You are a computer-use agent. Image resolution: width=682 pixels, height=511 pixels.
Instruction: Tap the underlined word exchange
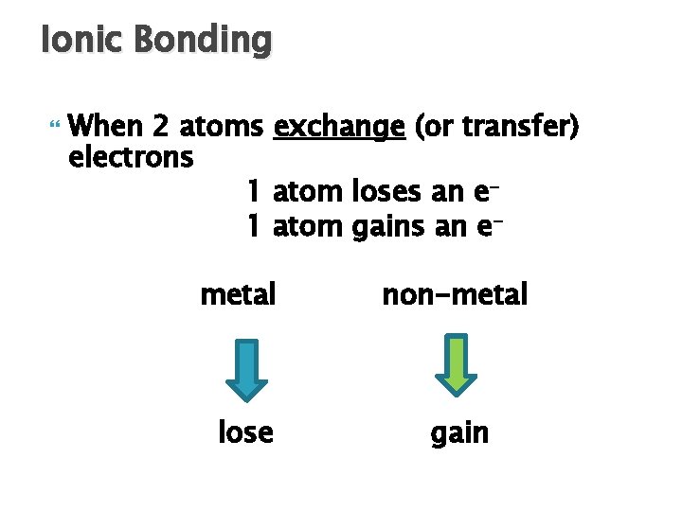(x=338, y=127)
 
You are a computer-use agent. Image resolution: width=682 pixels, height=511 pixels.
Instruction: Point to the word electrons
(x=132, y=156)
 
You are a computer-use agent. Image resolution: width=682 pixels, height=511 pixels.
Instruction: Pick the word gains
(x=386, y=227)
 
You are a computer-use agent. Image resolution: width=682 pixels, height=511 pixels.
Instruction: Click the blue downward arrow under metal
(x=246, y=368)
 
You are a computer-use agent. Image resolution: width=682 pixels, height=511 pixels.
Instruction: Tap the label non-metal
(x=455, y=295)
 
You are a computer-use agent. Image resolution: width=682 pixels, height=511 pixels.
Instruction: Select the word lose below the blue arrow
(x=245, y=432)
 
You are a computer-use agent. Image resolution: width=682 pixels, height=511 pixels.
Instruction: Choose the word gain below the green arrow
(x=459, y=433)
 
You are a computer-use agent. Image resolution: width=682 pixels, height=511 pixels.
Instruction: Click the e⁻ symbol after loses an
(x=484, y=192)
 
